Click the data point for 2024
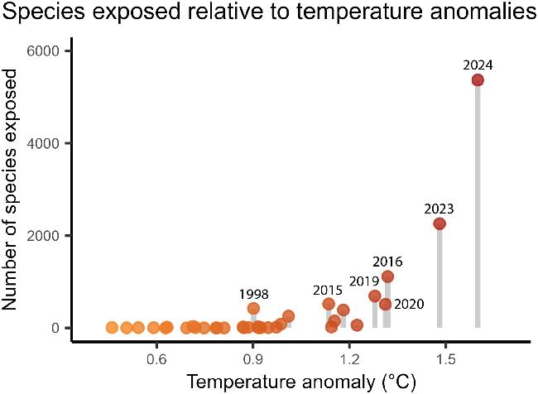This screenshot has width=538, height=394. click(478, 79)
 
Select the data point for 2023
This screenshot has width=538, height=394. click(440, 223)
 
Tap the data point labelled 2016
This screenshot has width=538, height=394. click(387, 276)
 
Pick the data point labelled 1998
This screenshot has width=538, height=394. click(253, 308)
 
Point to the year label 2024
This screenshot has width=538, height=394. click(478, 64)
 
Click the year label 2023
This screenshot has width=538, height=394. click(439, 209)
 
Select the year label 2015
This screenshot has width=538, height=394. click(328, 290)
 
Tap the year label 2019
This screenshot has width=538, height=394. click(363, 280)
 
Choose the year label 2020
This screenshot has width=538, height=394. click(408, 304)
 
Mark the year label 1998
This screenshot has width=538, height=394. click(253, 294)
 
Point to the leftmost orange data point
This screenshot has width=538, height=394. click(112, 328)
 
